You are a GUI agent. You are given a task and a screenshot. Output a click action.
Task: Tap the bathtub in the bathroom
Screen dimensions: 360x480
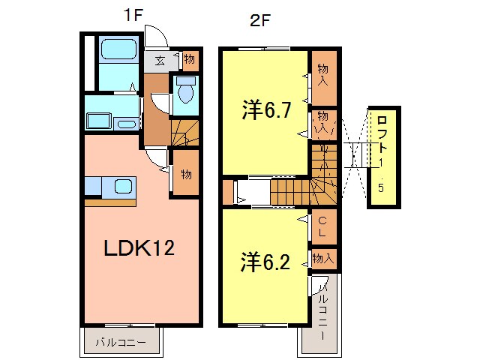click(x=117, y=52)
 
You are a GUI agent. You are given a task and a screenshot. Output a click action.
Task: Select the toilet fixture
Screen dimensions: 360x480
click(x=185, y=92)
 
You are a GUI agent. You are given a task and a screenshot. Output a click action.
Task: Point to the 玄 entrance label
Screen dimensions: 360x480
click(x=160, y=61)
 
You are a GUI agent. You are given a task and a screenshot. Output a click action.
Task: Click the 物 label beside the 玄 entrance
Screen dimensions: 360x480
click(x=188, y=58)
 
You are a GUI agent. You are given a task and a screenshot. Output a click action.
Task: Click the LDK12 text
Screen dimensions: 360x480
click(x=139, y=248)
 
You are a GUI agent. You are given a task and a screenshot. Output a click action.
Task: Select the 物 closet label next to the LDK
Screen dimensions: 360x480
click(x=186, y=174)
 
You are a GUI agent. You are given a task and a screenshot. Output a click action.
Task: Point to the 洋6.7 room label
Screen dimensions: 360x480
click(x=265, y=111)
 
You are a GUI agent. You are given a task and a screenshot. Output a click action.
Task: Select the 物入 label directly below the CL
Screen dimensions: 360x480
click(x=323, y=258)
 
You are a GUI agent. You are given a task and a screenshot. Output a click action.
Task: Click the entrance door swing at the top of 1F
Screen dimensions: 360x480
click(x=156, y=37)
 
